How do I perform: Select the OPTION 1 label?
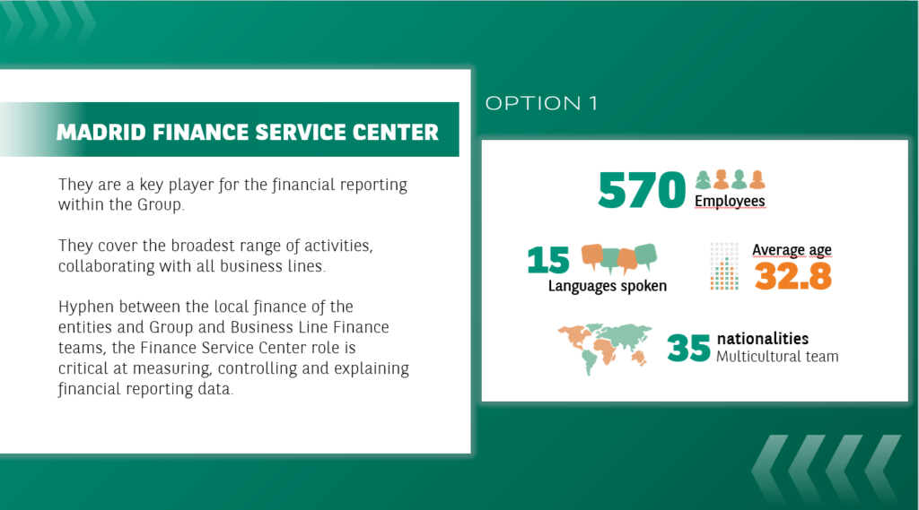click(541, 104)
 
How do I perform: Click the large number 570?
click(642, 190)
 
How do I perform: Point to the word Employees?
click(730, 201)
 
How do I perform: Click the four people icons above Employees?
click(731, 179)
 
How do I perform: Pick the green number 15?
click(548, 260)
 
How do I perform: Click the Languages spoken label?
click(608, 286)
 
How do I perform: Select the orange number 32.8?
click(793, 276)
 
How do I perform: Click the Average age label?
click(792, 250)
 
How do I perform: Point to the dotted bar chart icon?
click(724, 266)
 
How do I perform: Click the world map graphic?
click(605, 348)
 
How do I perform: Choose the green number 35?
click(688, 348)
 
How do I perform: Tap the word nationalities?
click(763, 339)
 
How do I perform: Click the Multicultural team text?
click(777, 357)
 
